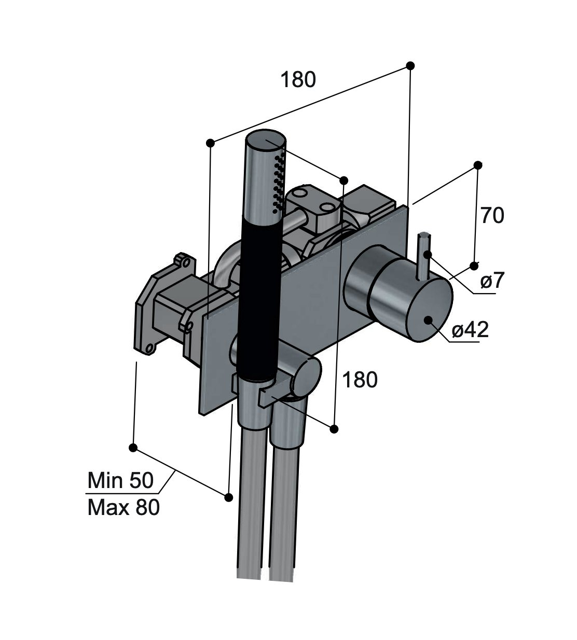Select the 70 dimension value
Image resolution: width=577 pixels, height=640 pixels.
(x=491, y=215)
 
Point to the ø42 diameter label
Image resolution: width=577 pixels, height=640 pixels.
(x=470, y=330)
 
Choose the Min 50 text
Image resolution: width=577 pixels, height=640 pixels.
(x=120, y=480)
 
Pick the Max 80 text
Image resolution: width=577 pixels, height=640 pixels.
(x=123, y=507)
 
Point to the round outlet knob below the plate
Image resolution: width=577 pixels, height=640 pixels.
(x=306, y=376)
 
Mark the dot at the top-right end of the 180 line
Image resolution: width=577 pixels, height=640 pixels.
(x=410, y=65)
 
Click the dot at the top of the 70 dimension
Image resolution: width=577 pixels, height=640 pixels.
(x=477, y=165)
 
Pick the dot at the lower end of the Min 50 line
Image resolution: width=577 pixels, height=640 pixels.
(x=228, y=497)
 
